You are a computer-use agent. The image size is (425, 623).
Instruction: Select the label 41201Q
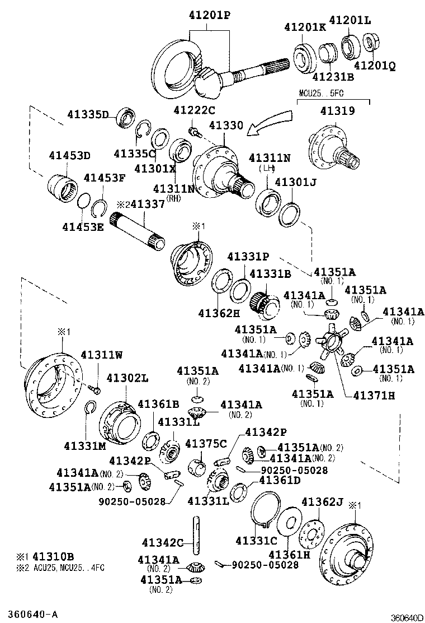click(374, 66)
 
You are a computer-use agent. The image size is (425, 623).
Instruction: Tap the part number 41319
click(337, 111)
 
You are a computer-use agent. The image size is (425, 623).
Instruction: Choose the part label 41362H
click(220, 314)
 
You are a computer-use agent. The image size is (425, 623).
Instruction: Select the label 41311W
click(103, 354)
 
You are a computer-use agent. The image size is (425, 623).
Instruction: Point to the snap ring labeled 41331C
click(263, 511)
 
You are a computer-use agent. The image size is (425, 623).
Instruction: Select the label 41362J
click(323, 501)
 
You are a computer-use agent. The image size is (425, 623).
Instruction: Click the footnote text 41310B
click(53, 557)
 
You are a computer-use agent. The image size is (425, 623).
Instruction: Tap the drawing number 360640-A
click(32, 612)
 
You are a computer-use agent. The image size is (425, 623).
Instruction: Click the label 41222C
click(194, 110)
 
